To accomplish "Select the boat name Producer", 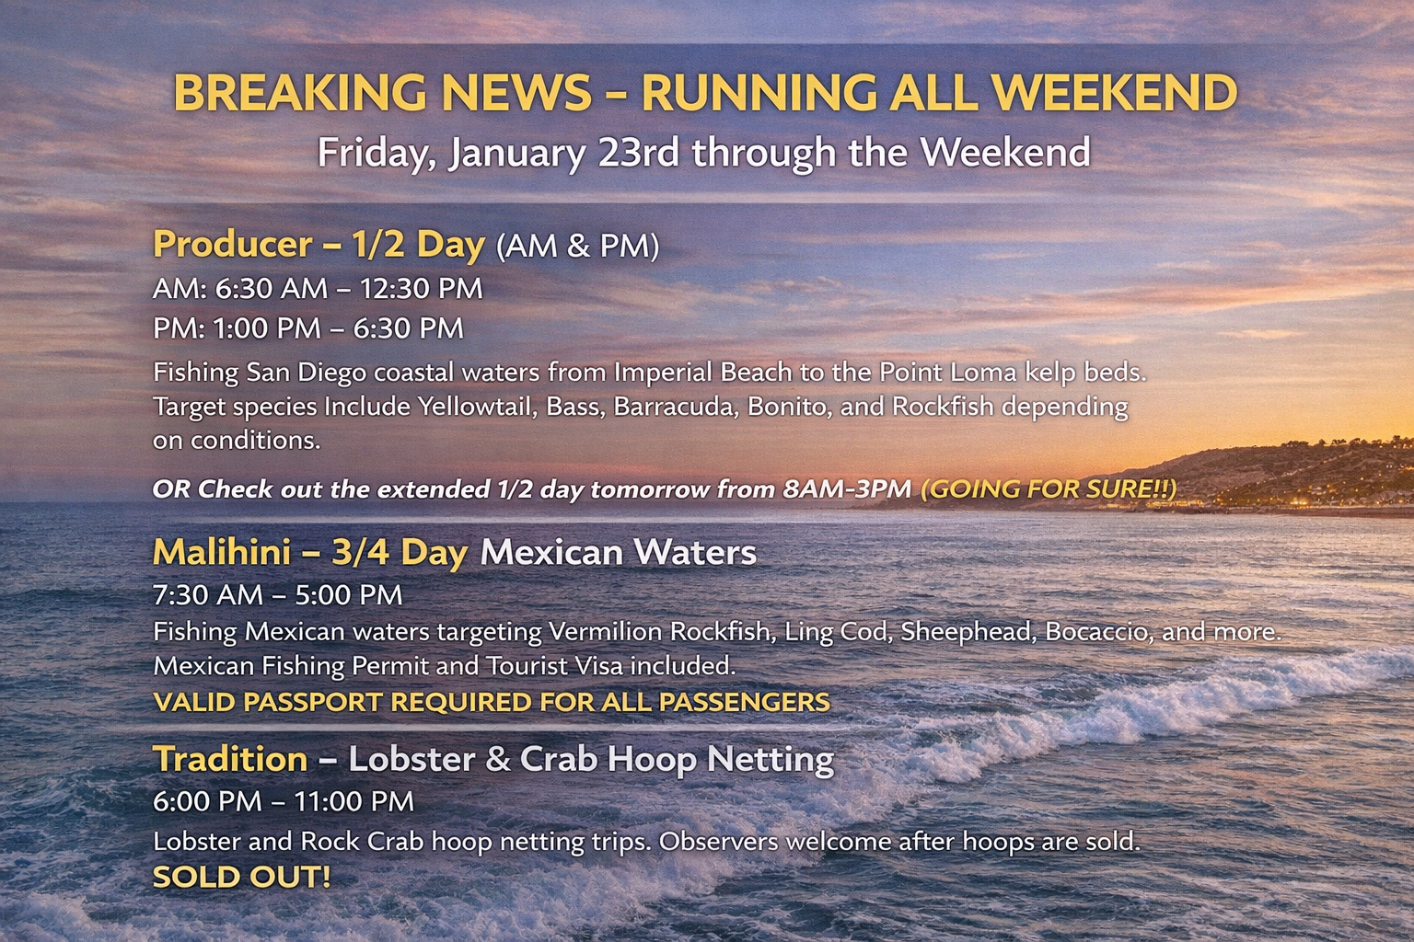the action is click(x=233, y=244).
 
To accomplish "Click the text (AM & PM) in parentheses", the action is click(x=577, y=246).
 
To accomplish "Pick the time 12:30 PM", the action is click(x=422, y=288).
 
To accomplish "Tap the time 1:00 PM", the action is click(x=268, y=328).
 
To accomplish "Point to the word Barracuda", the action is click(x=676, y=407).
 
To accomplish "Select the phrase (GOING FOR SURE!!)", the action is click(x=1049, y=489).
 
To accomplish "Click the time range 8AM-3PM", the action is click(x=847, y=489).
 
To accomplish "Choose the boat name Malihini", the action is click(x=222, y=552).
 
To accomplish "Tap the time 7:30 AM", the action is click(x=208, y=595).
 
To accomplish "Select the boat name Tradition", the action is click(x=230, y=758).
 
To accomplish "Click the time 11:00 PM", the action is click(x=354, y=801).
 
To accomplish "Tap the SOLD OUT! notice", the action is click(x=242, y=877).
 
